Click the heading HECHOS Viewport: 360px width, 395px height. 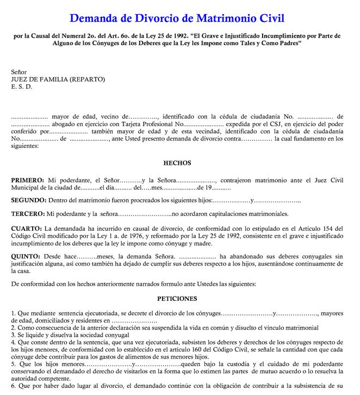177,163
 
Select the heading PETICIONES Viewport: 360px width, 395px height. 177,299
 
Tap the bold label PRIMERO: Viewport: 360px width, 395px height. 28,180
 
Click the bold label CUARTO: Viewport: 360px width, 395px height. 26,227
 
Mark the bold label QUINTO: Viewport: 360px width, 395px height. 26,255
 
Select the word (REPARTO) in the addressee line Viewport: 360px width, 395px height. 88,79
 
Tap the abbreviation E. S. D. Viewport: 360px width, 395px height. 22,86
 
